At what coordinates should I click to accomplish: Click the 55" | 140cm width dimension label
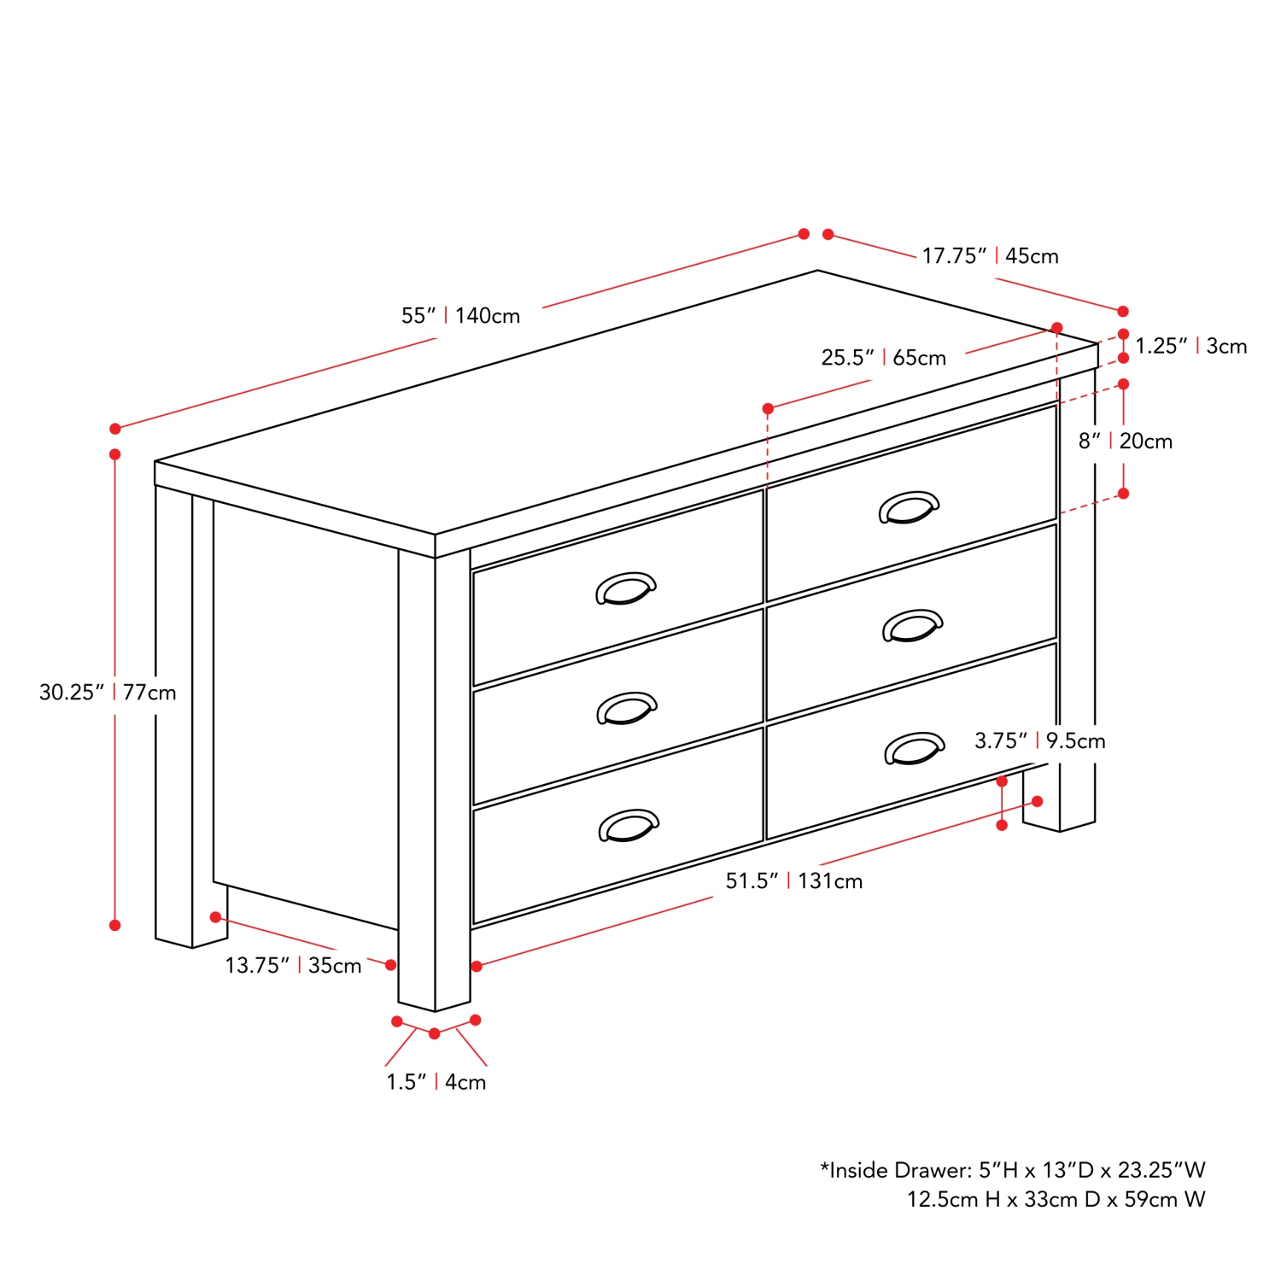point(461,316)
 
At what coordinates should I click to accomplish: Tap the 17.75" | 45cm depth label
point(990,256)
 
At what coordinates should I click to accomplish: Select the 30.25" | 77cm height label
point(108,692)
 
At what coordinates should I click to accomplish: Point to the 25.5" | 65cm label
point(884,358)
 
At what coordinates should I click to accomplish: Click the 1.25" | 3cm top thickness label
point(1190,346)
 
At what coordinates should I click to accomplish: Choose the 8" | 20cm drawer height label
point(1125,442)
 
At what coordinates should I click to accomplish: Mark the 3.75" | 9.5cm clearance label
point(1040,740)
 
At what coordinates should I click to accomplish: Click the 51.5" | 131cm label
point(794,880)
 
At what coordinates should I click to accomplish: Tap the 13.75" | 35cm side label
point(293,966)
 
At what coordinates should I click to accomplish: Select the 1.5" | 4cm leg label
point(436,1082)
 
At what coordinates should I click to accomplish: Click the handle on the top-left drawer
point(625,588)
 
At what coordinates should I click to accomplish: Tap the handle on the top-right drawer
point(909,507)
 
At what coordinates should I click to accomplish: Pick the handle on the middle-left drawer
point(627,708)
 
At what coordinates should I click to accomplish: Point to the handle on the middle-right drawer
point(912,625)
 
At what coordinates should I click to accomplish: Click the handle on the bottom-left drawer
point(629,825)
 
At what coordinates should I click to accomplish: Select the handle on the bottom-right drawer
point(915,748)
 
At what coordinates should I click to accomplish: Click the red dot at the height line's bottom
point(115,925)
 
